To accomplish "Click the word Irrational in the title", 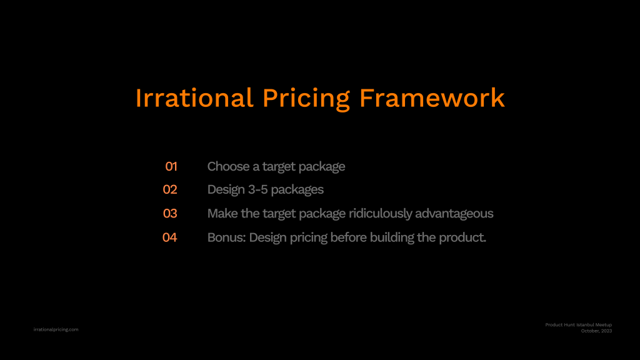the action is point(194,98).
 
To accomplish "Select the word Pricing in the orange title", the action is point(306,99).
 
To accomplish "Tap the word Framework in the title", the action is point(432,98).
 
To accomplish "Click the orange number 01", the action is point(171,166).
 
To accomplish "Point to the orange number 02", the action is point(170,189).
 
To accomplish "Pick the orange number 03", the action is point(170,214).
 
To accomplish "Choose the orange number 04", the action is point(169,237).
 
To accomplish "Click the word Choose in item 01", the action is point(228,166).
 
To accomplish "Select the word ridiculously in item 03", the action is point(381,214).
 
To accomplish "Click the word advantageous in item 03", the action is point(454,214).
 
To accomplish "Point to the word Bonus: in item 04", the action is point(226,237).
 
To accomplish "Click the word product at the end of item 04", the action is point(461,238).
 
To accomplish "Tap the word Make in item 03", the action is point(222,214).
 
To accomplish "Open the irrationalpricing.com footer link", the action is point(56,329).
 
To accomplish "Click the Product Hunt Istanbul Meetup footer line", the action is point(578,325).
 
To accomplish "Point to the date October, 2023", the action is point(596,331).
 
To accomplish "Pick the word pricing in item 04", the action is point(309,238).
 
